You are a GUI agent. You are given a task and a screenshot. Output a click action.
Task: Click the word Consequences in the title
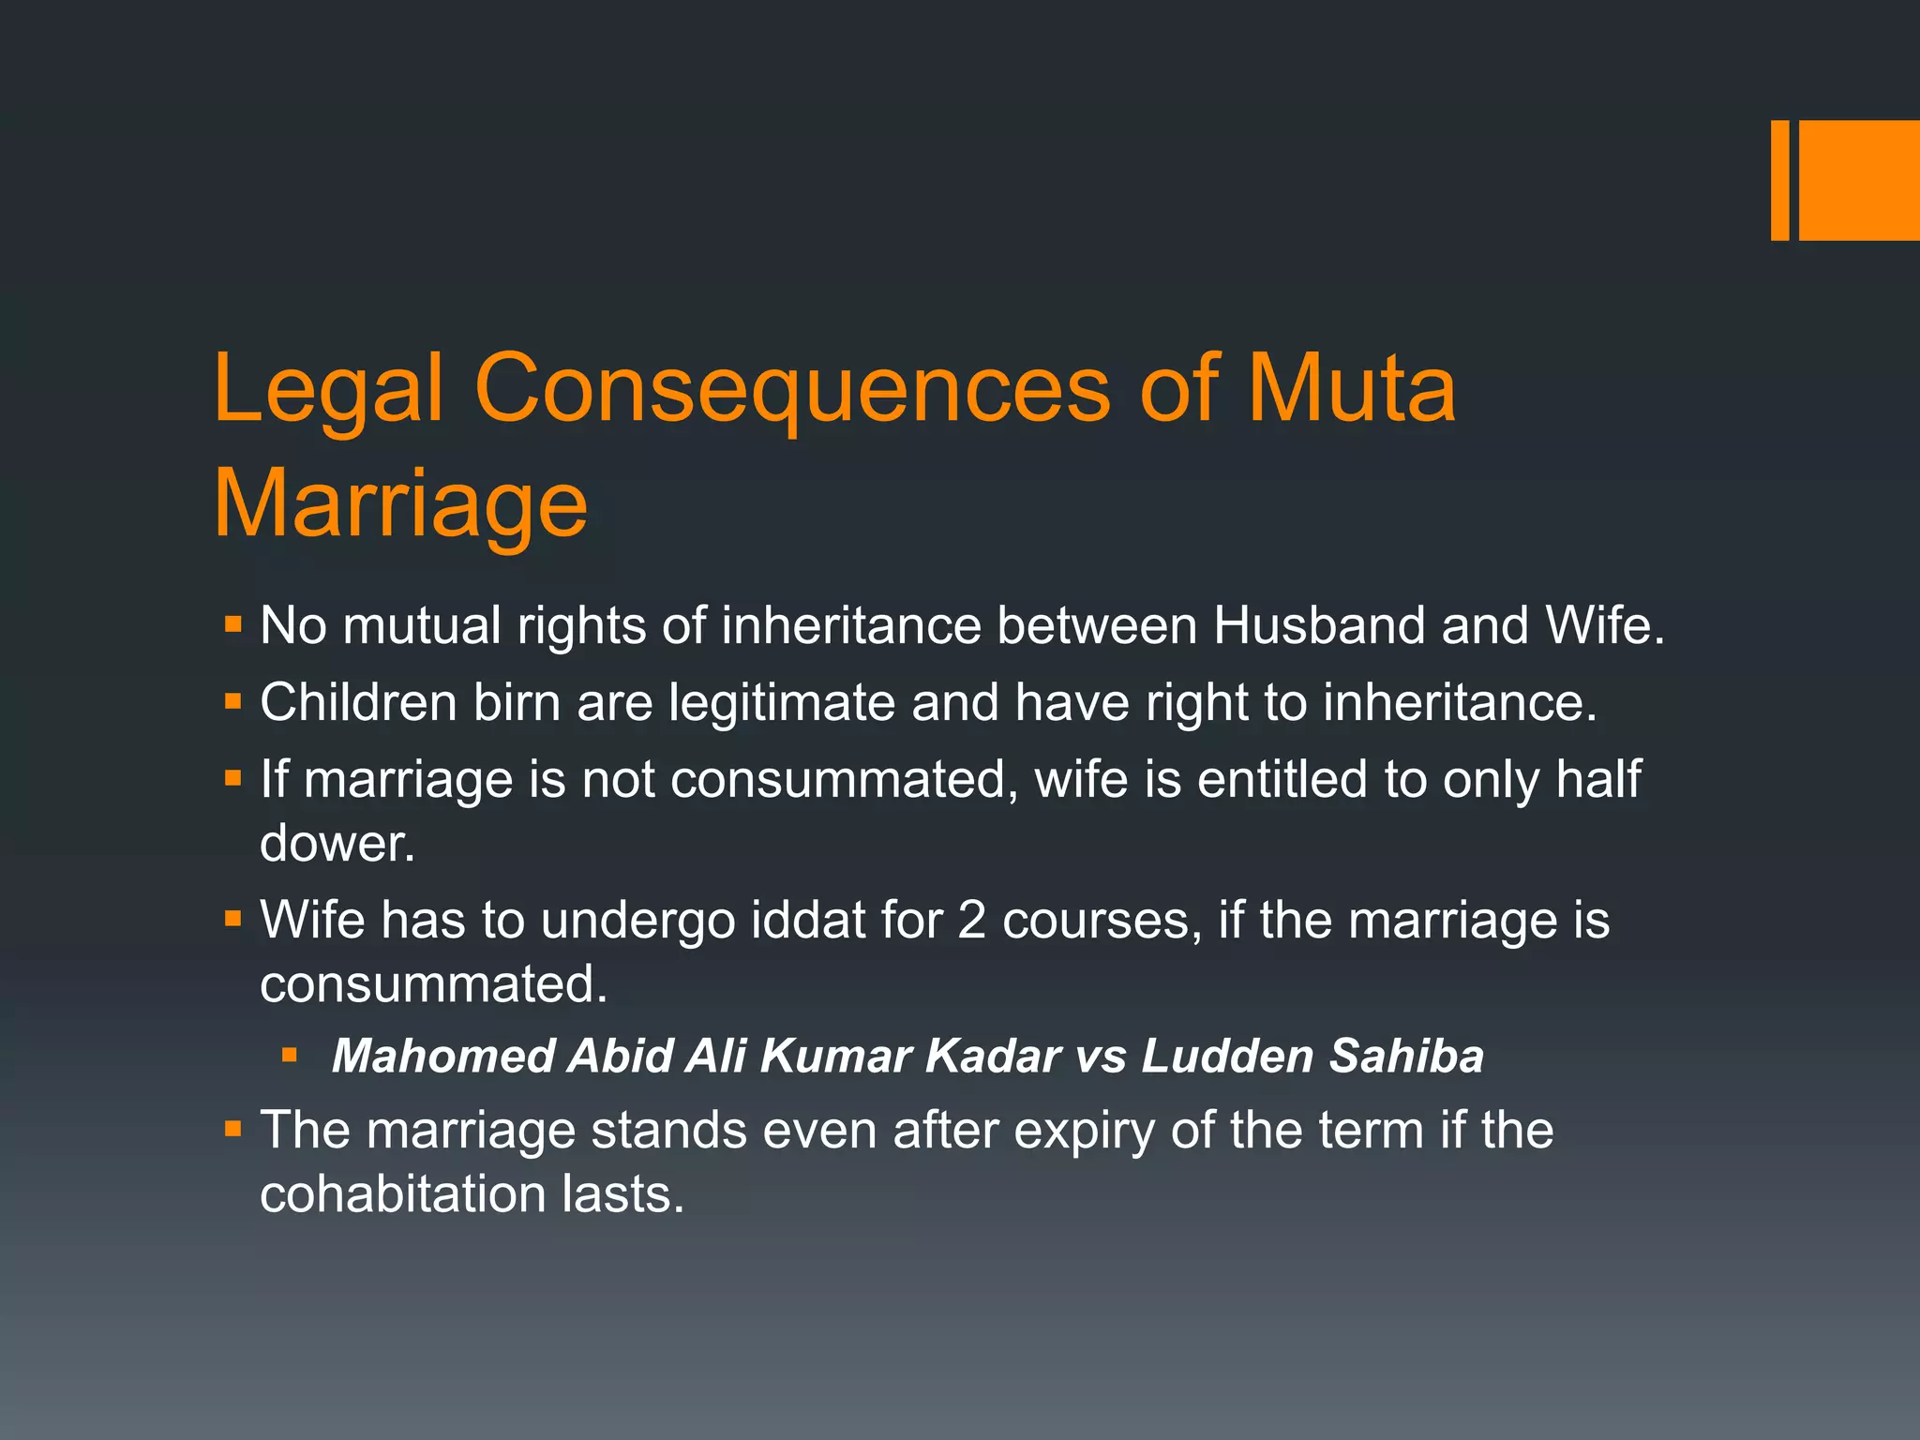coord(792,389)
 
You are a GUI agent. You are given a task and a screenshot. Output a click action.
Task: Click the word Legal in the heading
coord(328,389)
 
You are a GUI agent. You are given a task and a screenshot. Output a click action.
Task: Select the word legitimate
coord(782,702)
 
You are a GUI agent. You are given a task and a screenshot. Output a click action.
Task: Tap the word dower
coord(337,843)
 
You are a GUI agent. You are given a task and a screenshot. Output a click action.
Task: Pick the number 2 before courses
coord(971,920)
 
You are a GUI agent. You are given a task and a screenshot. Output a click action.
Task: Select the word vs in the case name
coord(1100,1057)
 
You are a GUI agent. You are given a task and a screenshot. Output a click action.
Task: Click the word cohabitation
coord(403,1194)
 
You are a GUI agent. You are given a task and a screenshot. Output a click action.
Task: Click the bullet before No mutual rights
coord(233,623)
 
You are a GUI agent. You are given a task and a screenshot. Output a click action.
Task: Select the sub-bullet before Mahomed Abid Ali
coord(290,1056)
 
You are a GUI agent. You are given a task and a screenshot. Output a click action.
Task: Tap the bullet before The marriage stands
coord(233,1129)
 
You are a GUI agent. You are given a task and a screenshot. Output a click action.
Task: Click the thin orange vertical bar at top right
coord(1779,180)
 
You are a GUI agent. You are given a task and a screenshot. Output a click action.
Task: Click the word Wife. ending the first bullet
coord(1605,625)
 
